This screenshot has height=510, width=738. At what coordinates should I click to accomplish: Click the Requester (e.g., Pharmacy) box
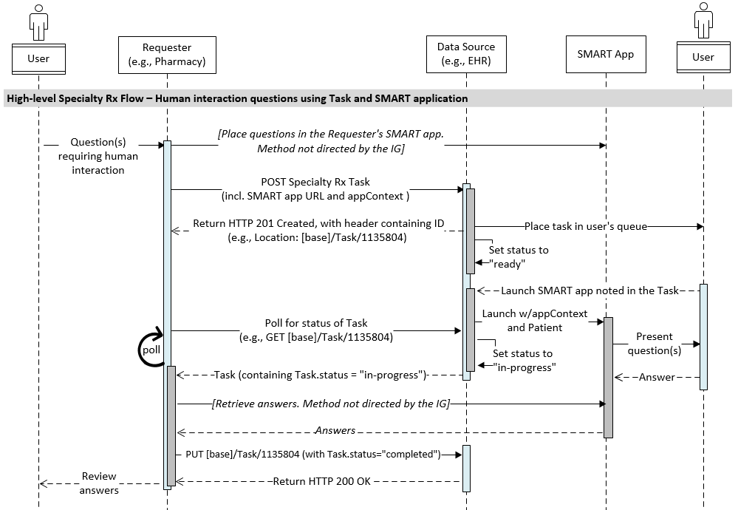(167, 55)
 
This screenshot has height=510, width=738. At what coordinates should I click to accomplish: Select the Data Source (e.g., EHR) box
(466, 55)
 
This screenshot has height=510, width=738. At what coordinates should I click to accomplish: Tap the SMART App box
(605, 55)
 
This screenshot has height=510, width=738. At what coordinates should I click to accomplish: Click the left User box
(38, 57)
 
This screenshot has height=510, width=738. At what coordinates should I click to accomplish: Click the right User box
(703, 57)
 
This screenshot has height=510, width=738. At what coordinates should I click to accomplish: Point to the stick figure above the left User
(38, 22)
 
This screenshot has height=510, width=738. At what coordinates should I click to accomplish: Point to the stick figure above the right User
(703, 22)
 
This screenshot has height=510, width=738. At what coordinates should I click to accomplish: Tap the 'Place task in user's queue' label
(586, 226)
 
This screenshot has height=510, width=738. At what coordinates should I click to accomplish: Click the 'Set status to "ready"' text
(518, 257)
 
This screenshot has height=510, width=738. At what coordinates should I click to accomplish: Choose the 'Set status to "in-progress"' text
(523, 360)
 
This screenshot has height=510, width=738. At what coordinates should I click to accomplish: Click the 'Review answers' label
(99, 483)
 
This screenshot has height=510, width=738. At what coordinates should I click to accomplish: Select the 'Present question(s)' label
(654, 343)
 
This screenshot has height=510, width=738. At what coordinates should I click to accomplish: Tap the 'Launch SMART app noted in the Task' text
(589, 290)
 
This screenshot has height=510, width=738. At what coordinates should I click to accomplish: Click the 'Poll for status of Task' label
(316, 330)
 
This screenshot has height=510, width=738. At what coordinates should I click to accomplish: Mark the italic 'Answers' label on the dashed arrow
(335, 430)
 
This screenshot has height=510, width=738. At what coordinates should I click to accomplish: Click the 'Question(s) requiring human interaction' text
(98, 156)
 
